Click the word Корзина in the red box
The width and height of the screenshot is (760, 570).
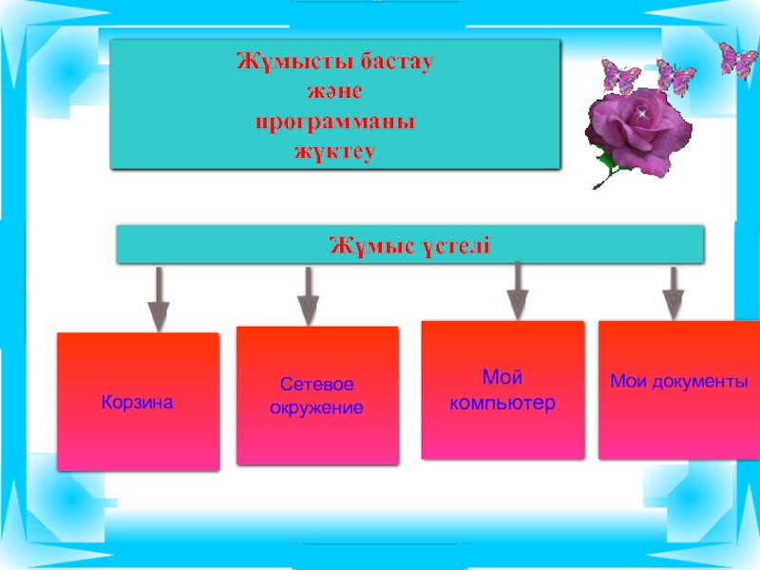point(138,403)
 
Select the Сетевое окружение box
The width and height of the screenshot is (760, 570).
point(317,396)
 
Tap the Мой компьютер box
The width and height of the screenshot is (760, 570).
point(502,390)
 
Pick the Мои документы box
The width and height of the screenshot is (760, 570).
point(678,389)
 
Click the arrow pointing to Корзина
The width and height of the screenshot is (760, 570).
point(159,299)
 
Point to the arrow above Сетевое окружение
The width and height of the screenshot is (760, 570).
point(308,296)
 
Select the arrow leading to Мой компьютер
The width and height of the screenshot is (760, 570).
point(517,291)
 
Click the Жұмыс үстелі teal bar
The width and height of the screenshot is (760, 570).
point(410,245)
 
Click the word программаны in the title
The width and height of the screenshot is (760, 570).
point(335,123)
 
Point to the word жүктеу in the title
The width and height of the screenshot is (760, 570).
point(335,150)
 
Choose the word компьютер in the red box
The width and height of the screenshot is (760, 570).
point(502,403)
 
